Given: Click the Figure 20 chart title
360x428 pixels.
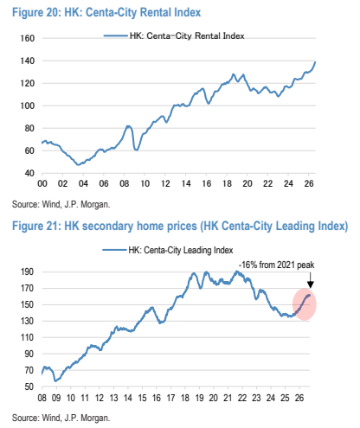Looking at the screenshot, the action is coord(106,13).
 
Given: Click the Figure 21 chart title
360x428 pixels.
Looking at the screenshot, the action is coord(180,226).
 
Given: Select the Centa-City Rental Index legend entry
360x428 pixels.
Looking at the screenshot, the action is coord(174,35).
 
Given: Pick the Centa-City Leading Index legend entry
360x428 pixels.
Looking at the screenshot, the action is coord(168,250).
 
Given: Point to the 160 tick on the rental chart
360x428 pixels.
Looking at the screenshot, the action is coord(28,38).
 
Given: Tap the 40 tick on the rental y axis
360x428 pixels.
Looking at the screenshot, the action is coord(29,173).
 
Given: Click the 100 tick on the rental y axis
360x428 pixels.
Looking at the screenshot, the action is coord(28,105).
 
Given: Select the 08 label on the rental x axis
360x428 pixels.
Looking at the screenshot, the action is coord(125,183).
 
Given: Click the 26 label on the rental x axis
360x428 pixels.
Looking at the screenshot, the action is coord(309,183).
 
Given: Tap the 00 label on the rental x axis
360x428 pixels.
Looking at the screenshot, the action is coord(42,183).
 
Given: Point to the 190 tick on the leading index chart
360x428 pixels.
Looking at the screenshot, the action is coord(27,271).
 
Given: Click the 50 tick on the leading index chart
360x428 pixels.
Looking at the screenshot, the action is coord(29,386).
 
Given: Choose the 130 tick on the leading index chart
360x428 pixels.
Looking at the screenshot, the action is coord(27,321).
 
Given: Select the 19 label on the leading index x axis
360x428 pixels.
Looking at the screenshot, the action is coord(199,398).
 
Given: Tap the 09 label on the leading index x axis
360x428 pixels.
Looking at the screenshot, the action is coord(56,398).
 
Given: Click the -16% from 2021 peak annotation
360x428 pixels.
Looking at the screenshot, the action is coord(276,265).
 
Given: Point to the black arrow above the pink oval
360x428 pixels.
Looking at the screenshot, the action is coord(311,279).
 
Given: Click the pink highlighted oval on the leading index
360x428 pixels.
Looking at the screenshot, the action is coord(305,304).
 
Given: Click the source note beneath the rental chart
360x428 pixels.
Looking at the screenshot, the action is coord(61,205).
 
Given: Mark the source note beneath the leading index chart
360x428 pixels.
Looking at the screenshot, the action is coord(61,418).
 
